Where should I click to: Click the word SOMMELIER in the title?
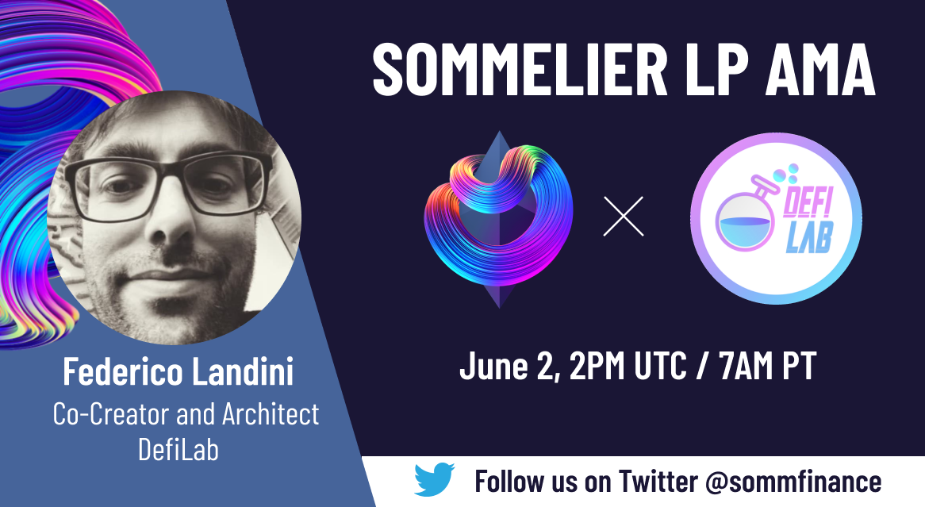click(520, 69)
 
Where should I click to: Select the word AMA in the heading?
click(819, 69)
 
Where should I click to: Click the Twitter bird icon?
click(434, 479)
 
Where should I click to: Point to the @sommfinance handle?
click(793, 481)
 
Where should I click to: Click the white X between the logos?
click(624, 217)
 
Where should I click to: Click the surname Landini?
click(243, 372)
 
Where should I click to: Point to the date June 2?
click(510, 366)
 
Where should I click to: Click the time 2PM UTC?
click(628, 366)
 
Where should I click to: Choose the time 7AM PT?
click(767, 366)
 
